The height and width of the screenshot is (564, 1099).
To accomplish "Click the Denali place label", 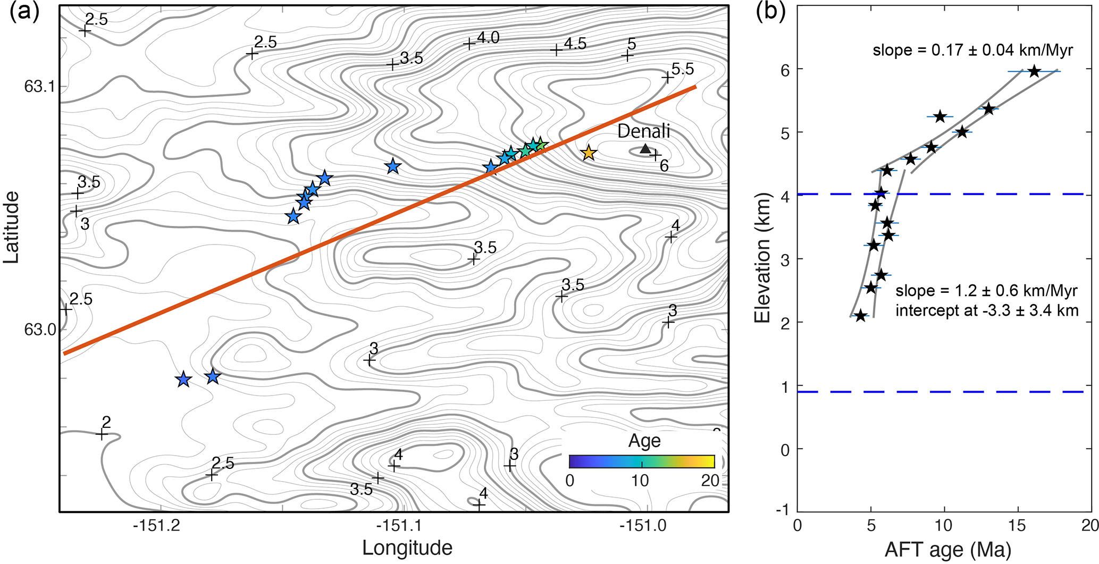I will [x=643, y=131].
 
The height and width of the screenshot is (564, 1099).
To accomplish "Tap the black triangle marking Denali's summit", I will [x=645, y=149].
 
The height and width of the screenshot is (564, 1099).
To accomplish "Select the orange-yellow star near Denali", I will [x=588, y=153].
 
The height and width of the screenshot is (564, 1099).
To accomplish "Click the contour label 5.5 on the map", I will [x=683, y=69].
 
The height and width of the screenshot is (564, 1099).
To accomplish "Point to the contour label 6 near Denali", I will [x=664, y=166].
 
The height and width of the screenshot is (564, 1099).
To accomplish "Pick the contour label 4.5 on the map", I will [x=575, y=44].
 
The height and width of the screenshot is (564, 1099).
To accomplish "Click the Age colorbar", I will [x=642, y=461].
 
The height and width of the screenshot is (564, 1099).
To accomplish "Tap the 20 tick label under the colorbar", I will [x=710, y=481].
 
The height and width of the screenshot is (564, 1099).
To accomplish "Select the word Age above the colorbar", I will [x=644, y=441].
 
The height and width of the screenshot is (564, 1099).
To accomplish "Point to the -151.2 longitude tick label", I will [x=157, y=526].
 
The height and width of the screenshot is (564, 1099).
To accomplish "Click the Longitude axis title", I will [x=407, y=548].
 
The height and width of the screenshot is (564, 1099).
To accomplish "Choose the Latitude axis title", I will [x=12, y=228].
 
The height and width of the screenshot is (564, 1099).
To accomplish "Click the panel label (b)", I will [x=771, y=12].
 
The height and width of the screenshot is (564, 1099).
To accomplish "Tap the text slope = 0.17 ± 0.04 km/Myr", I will [x=972, y=50].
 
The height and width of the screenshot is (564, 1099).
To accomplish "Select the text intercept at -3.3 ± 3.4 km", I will [x=987, y=310].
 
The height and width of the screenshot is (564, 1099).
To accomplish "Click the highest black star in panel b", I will [x=1034, y=71].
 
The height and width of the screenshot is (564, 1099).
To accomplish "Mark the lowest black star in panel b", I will [x=860, y=316].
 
